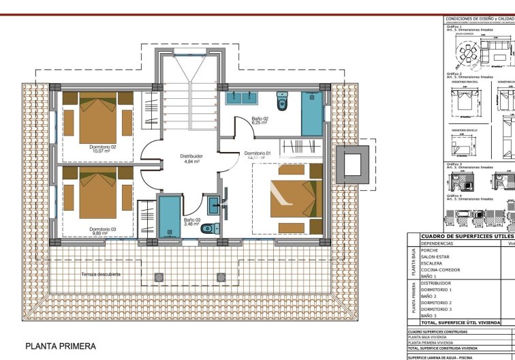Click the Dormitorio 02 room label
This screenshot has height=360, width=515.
coord(103,147)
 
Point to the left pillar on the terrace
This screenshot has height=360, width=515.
coord(159,277)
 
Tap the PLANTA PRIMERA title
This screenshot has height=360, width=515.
coord(61,346)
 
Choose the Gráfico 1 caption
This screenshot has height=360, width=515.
coord(454,27)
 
